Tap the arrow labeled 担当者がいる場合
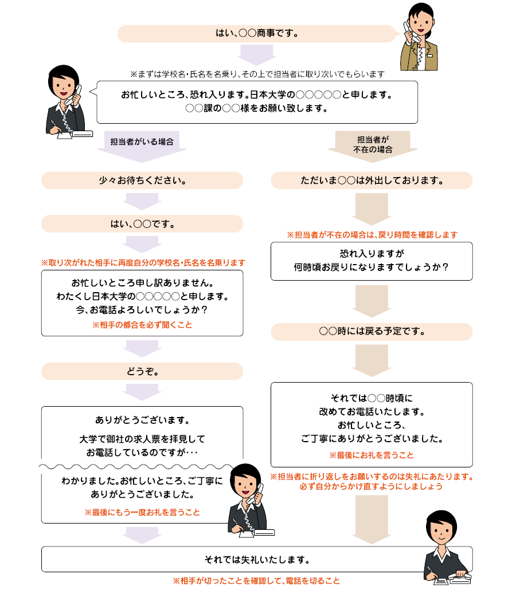pos(142,147)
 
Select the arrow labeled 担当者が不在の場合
pos(373,147)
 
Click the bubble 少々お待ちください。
pos(142,180)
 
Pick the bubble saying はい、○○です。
pos(142,224)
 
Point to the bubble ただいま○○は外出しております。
pos(372,180)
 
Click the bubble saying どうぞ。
pos(142,371)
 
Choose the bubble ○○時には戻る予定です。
pos(372,332)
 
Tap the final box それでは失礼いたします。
pos(257,559)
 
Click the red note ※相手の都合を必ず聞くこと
pos(142,325)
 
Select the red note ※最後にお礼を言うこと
pos(372,455)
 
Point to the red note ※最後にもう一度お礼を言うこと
pos(142,512)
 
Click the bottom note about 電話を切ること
pos(256,581)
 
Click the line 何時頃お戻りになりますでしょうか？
pos(372,267)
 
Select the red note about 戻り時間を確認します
pos(372,235)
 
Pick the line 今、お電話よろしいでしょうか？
pos(142,310)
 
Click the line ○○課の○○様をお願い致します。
pos(257,108)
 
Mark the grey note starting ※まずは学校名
pos(257,74)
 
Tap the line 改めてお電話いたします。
pos(372,412)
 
